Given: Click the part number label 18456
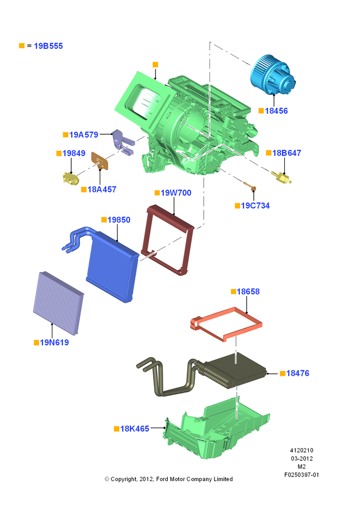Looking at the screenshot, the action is pos(276,111).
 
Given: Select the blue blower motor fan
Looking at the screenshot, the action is pos(273,76).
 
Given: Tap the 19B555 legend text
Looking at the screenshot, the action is pos(48,46).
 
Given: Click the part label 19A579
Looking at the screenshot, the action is pos(84,135).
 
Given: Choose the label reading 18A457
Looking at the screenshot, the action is pos(102,189).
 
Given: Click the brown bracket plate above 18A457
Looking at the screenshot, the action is pos(100,161).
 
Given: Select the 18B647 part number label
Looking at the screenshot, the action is pos(287,153).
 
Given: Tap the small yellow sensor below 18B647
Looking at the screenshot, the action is pos(281,177).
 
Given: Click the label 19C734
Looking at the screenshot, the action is pos(255,206).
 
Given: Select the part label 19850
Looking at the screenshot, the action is pos(118,220).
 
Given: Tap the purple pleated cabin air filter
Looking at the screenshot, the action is pos(58,303).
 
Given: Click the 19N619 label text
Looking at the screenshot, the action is pos(54,342).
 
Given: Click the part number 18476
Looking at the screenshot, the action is pos(298,373).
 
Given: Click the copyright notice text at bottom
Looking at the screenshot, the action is pos(169,479).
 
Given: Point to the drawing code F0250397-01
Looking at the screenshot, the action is pos(302,475).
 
